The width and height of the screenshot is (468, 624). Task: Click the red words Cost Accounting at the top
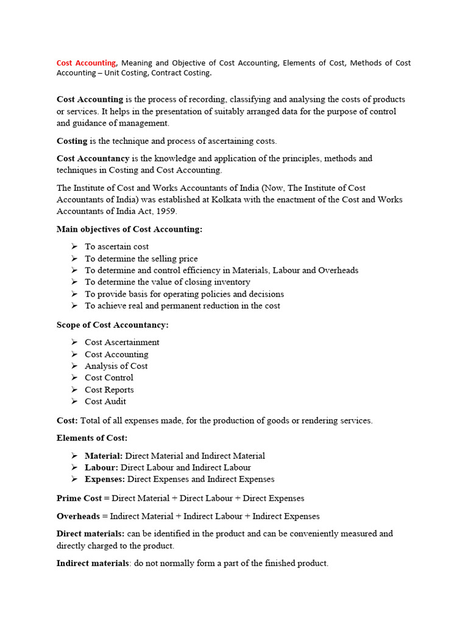click(86, 63)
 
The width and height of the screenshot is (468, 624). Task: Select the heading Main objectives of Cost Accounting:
click(129, 229)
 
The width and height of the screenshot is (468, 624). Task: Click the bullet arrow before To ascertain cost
click(74, 246)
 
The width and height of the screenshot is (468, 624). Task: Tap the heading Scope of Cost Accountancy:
click(112, 325)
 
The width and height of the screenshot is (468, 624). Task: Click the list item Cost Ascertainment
click(122, 342)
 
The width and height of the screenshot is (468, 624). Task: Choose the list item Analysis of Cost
click(116, 366)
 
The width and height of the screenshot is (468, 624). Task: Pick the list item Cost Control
click(108, 378)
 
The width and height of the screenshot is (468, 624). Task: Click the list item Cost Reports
click(109, 390)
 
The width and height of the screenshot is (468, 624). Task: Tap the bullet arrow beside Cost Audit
click(74, 401)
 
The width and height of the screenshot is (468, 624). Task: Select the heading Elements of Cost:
click(92, 438)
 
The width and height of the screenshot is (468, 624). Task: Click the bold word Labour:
click(101, 467)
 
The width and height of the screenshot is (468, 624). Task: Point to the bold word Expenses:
click(105, 480)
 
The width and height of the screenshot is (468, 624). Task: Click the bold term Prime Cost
click(79, 498)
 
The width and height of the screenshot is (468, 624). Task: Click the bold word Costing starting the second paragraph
click(72, 141)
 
